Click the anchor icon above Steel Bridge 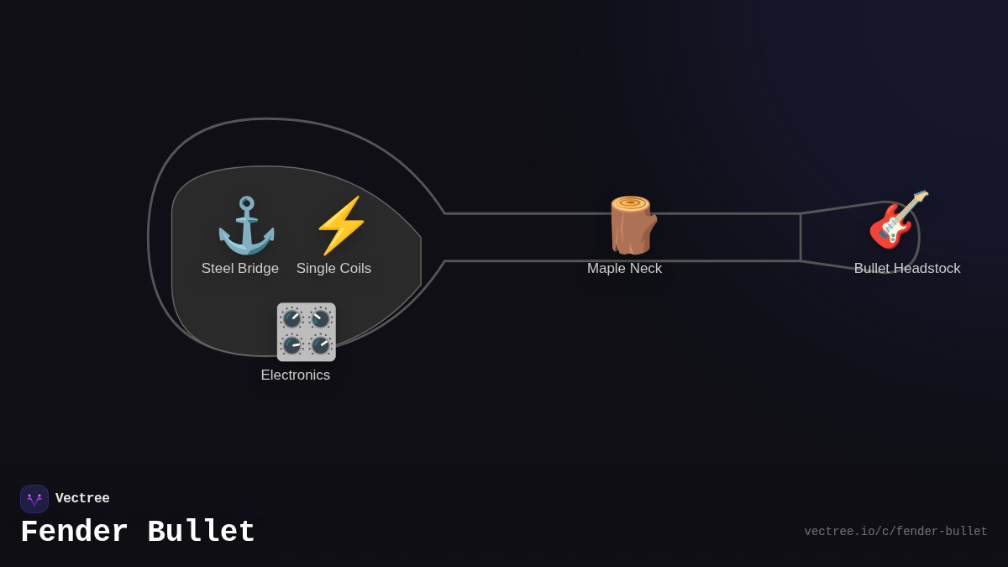click(246, 225)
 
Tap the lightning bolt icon click(341, 225)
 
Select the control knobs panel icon click(306, 332)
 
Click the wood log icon click(632, 225)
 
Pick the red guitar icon click(898, 220)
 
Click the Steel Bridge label click(240, 269)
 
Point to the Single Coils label click(333, 269)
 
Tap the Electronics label click(296, 375)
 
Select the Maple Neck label click(624, 269)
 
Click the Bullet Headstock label click(907, 269)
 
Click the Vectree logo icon click(34, 499)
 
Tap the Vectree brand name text click(82, 499)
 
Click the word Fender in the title click(74, 533)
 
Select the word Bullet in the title click(201, 533)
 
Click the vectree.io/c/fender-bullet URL click(895, 532)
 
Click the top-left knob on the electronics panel click(292, 318)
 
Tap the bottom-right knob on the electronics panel click(320, 345)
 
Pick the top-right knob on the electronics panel click(320, 318)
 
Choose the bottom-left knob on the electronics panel click(292, 345)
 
